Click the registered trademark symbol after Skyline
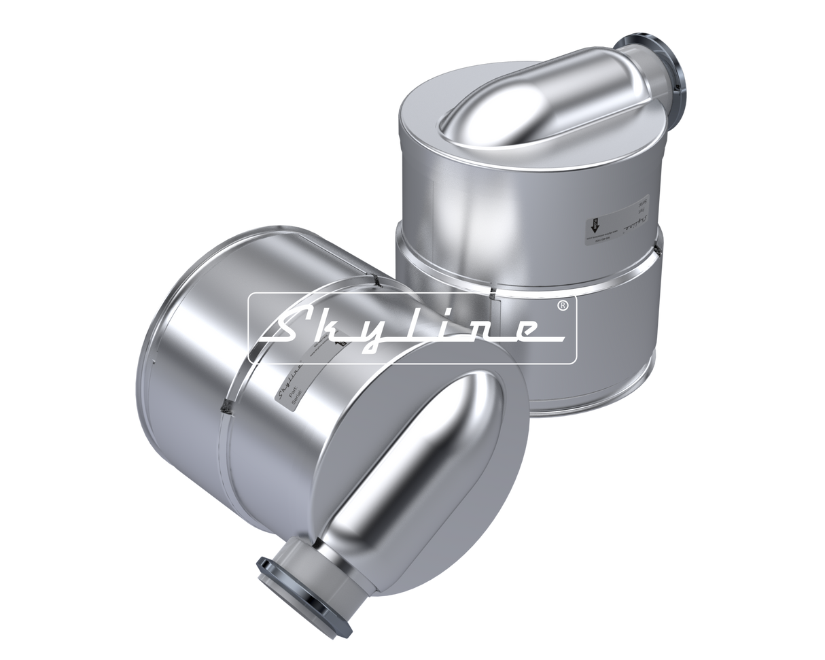561,306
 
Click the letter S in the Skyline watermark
285,329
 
